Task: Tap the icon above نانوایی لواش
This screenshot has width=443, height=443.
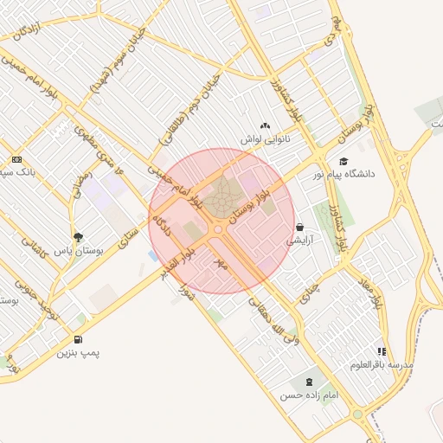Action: coord(265,126)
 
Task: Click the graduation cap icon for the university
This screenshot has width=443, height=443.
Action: coord(343,161)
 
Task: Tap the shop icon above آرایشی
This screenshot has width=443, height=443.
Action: coord(299,227)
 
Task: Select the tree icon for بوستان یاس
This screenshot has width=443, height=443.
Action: coord(79,236)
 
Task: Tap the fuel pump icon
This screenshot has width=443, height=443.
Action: coord(79,339)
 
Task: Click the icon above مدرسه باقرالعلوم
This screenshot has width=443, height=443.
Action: coord(382,351)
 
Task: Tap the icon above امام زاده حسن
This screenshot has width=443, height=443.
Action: coord(308,381)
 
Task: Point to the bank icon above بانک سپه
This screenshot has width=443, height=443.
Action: coord(17,160)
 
